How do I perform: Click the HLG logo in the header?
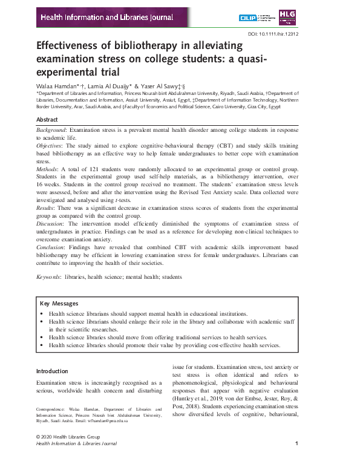287,17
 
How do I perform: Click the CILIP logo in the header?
264,18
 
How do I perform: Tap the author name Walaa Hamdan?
59,86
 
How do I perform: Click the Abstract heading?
48,120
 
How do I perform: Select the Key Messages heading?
59,304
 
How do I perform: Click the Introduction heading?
53,371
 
